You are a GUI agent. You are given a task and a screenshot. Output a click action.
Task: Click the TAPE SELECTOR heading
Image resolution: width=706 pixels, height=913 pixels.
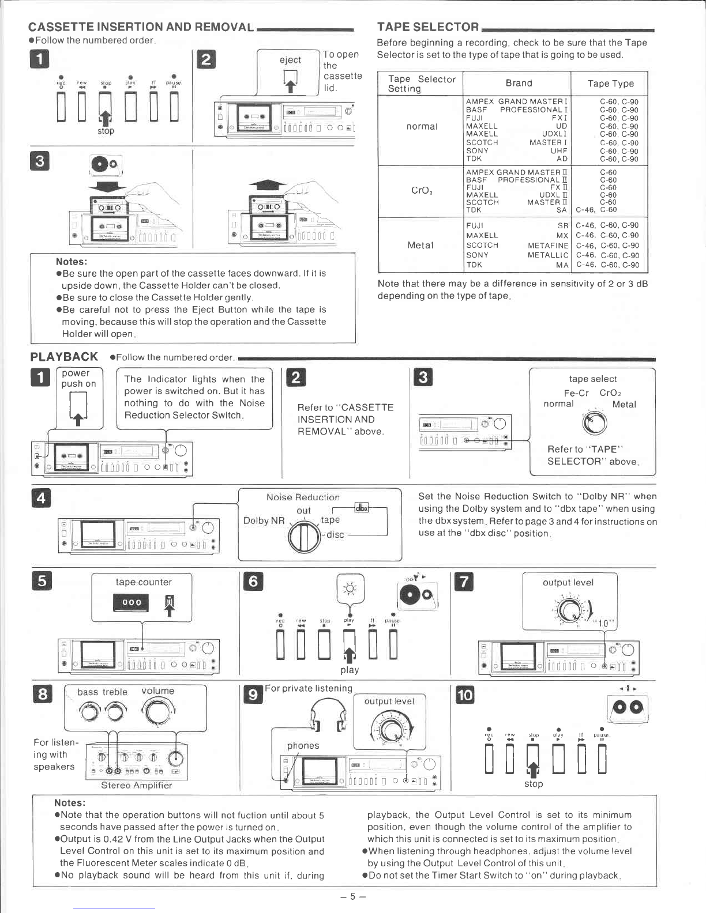427,27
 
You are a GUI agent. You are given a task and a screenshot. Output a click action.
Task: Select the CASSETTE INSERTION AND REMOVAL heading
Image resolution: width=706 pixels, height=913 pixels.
141,27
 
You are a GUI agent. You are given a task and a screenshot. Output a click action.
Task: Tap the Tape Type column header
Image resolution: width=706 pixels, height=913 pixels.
610,84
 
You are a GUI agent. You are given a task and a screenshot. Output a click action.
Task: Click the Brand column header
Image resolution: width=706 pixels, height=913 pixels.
519,83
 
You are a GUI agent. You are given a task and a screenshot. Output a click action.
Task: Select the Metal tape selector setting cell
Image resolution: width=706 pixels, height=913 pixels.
420,245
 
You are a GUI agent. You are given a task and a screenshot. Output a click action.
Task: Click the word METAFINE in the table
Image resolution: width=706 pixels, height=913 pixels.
548,246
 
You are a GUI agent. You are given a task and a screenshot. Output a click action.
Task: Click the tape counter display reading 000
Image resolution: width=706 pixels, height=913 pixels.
132,603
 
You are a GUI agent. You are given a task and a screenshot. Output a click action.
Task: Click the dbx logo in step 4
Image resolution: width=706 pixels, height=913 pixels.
362,507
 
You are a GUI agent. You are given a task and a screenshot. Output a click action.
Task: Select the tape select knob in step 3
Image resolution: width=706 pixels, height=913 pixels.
595,424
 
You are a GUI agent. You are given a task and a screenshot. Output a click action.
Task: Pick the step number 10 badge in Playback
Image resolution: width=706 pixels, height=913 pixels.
464,695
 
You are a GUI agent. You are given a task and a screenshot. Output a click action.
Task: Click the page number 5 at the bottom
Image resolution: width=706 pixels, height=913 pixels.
352,896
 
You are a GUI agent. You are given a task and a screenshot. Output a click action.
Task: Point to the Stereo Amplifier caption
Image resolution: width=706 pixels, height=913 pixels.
136,785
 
